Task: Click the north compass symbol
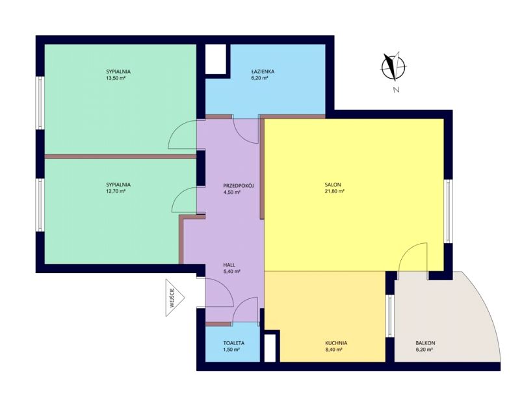coord(393,67)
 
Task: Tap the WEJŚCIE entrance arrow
coord(175,298)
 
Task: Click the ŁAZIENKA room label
coord(263,71)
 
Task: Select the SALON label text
coord(333,185)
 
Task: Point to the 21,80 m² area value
coord(335,191)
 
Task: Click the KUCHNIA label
coord(336,343)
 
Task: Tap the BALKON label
coord(425,343)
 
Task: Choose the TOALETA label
coord(234,343)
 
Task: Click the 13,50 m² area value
coord(116,78)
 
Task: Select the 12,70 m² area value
coord(116,191)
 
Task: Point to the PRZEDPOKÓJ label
coord(239,186)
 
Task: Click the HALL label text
coord(229,265)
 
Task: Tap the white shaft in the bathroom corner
coord(216,59)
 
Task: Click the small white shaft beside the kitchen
coord(270,348)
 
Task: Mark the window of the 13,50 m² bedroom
coord(40,103)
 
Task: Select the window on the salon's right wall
coord(449,211)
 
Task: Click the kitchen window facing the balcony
coord(390,316)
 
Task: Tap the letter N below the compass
coord(396,90)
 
